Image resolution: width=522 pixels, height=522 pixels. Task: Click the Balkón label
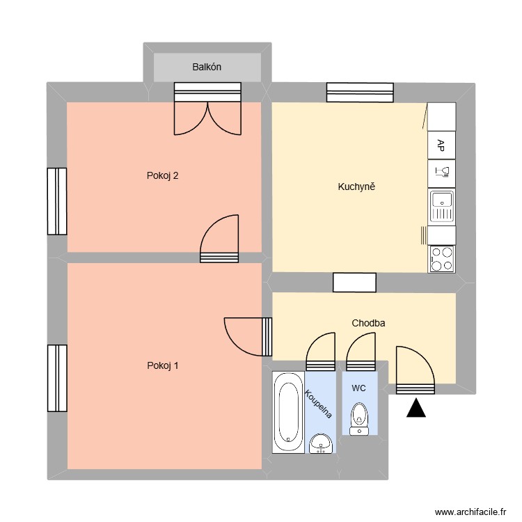pos(207,67)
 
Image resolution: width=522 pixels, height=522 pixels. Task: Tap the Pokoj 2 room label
pos(163,175)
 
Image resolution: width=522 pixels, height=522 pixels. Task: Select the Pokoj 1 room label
pos(163,365)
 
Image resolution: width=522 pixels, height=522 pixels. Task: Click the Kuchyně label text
pos(356,187)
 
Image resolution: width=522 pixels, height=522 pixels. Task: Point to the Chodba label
pos(368,323)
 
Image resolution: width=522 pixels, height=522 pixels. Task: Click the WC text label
pos(358,387)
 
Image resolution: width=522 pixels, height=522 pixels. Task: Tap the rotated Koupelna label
pos(318,404)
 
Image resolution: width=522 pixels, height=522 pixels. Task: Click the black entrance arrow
pos(416,409)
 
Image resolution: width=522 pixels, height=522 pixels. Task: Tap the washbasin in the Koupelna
pos(321,442)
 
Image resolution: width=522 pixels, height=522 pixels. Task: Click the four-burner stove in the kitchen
pos(441,258)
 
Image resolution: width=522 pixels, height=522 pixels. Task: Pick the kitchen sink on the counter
pos(441,206)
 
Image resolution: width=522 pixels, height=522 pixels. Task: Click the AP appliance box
pos(441,145)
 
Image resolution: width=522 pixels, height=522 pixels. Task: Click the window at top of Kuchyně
pos(360,92)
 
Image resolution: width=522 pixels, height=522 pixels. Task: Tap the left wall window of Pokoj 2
pos(57,201)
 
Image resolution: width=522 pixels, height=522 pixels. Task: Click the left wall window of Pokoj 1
pos(57,378)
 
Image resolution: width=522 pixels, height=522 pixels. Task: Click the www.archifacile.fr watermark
pos(470,512)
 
